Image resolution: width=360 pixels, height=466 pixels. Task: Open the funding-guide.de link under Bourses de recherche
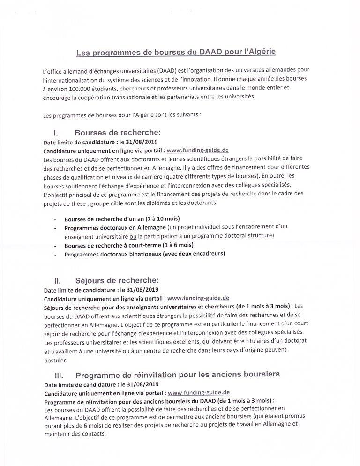click(x=197, y=150)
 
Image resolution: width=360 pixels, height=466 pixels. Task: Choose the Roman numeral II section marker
click(x=58, y=281)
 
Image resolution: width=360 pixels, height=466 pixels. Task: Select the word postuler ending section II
click(x=56, y=361)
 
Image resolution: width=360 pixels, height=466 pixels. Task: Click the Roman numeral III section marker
click(x=59, y=375)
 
